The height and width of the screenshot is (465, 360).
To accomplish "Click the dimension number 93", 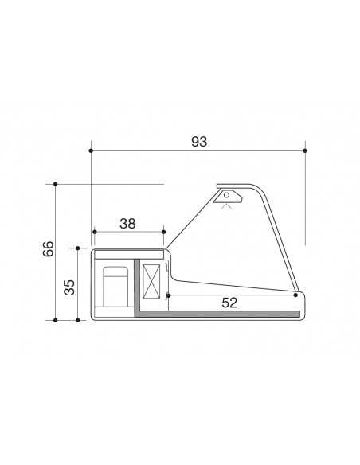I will click(199, 141).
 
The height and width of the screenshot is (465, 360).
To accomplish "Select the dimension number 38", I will click(127, 224).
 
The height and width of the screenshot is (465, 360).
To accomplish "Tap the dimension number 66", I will click(49, 250).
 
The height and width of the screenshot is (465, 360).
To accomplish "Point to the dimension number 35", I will click(69, 286).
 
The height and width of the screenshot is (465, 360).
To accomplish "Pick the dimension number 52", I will click(229, 303).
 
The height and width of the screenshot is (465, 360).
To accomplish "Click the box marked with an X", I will click(151, 281).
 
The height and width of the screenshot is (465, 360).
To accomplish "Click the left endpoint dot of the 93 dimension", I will click(92, 150).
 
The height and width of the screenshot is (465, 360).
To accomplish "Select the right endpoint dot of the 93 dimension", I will click(306, 150).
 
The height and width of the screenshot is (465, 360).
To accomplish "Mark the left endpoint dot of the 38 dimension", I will click(94, 232).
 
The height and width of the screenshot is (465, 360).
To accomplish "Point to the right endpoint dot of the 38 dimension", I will click(163, 232).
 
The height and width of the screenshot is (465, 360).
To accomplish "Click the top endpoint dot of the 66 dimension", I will click(55, 184).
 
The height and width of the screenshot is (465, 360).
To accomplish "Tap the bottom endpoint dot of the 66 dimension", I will click(55, 320).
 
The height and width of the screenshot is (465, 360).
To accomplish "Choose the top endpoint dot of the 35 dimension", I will click(77, 248).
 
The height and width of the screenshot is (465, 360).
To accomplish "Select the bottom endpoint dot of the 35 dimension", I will click(77, 320).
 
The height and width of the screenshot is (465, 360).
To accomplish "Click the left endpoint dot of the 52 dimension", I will click(169, 295).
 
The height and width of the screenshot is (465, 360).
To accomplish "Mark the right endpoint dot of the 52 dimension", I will click(295, 295).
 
